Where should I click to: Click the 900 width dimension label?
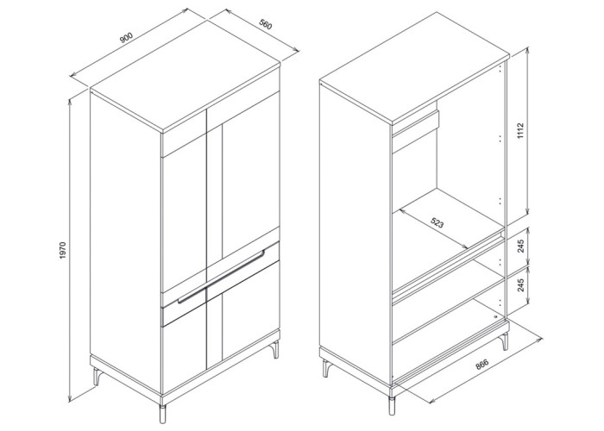(126, 38)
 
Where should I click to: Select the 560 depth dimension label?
(266, 25)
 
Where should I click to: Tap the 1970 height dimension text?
(64, 250)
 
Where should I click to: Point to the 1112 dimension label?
(520, 131)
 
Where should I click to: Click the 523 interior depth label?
(437, 222)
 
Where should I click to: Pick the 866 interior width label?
(481, 364)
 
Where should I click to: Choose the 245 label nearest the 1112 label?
(521, 246)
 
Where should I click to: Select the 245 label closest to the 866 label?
(521, 284)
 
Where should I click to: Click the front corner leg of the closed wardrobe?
(162, 413)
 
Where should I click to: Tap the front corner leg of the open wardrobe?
(392, 404)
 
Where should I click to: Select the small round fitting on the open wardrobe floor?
(495, 316)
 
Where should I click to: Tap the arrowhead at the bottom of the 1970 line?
(70, 397)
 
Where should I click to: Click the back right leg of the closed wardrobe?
(275, 349)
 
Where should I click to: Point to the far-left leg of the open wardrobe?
(326, 368)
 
